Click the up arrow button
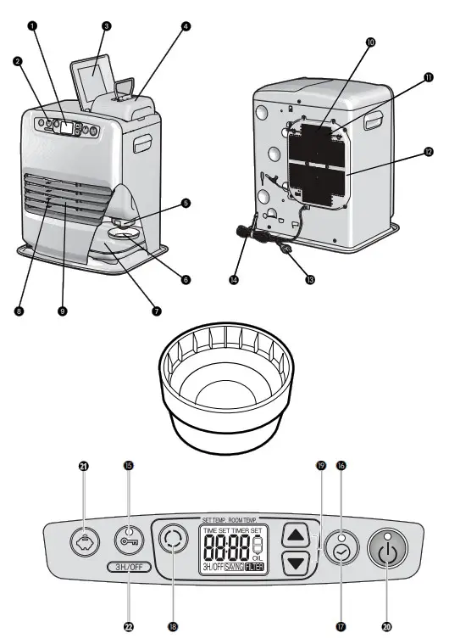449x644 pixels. (x=296, y=535)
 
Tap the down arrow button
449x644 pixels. (x=296, y=562)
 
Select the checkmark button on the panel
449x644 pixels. (x=341, y=551)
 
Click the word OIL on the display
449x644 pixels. (x=258, y=557)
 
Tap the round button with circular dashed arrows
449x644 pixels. (x=175, y=540)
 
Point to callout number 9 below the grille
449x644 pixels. (x=62, y=311)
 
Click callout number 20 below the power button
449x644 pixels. (x=386, y=627)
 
